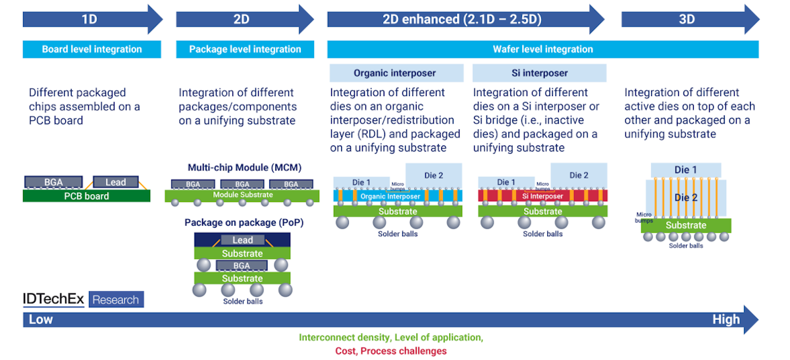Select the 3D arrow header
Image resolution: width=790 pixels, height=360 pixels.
coord(687,19)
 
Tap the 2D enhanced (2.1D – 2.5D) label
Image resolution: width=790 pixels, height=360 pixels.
coord(461,19)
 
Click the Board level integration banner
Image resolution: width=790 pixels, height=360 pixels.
coord(92,49)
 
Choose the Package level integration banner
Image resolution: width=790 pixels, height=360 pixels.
coord(245,49)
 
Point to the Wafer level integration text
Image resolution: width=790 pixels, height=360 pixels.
coord(542,49)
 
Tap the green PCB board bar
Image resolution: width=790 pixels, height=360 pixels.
coord(86,195)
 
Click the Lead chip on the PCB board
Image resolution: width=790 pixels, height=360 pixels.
coord(115,182)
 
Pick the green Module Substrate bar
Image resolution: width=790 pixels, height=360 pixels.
coord(242,195)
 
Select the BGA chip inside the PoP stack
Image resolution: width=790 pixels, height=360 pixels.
coord(242,266)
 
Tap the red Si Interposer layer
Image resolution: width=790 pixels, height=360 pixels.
coord(542,196)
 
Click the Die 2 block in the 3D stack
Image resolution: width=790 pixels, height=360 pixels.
coord(686,197)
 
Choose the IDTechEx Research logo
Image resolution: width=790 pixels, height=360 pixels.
coord(83,300)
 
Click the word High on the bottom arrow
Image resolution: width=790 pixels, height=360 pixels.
coord(725,320)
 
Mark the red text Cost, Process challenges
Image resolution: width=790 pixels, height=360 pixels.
coord(390,351)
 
